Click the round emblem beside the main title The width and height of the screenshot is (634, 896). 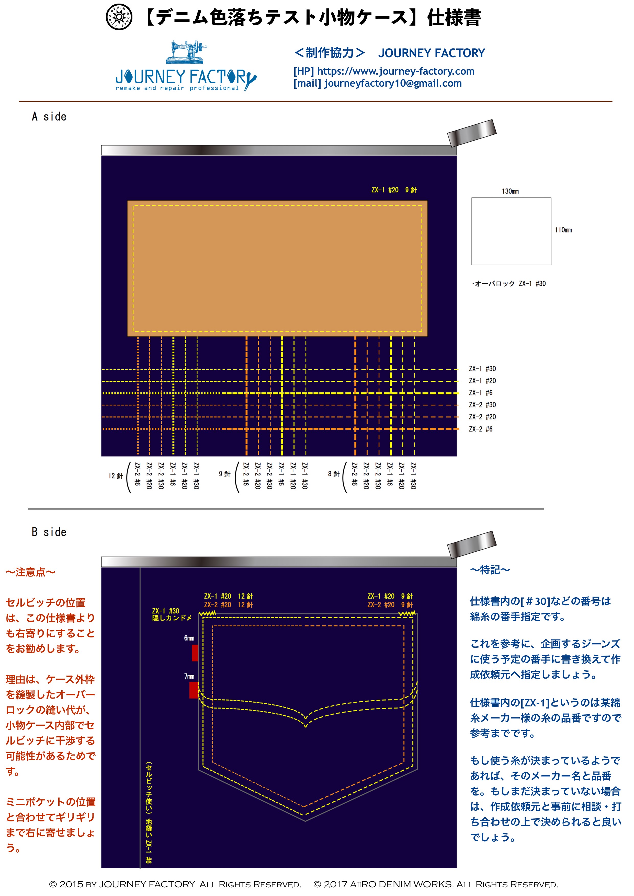point(119,17)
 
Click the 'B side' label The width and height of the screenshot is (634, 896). point(49,532)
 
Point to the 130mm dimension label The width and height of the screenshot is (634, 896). point(510,191)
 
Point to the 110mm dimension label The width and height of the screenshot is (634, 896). point(563,230)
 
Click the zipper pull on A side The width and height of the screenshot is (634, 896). point(472,133)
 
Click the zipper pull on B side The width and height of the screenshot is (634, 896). point(472,544)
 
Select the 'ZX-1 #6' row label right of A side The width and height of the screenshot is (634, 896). point(481,393)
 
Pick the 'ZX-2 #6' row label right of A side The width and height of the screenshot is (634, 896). point(481,429)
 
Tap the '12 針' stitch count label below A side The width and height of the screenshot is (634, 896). point(116,476)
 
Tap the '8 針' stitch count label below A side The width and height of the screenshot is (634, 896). point(334,474)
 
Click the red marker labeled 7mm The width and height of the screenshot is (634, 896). point(194,690)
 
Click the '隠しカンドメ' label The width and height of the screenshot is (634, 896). point(172,618)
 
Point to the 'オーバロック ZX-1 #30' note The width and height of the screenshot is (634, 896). point(509,283)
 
